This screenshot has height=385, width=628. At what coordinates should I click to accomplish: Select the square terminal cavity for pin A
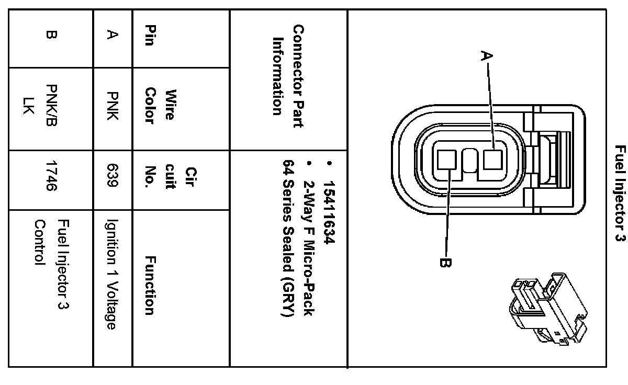pyautogui.click(x=492, y=160)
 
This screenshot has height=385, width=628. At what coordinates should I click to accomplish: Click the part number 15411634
pyautogui.click(x=329, y=205)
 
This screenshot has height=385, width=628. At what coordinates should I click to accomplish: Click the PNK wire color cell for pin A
pyautogui.click(x=111, y=107)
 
